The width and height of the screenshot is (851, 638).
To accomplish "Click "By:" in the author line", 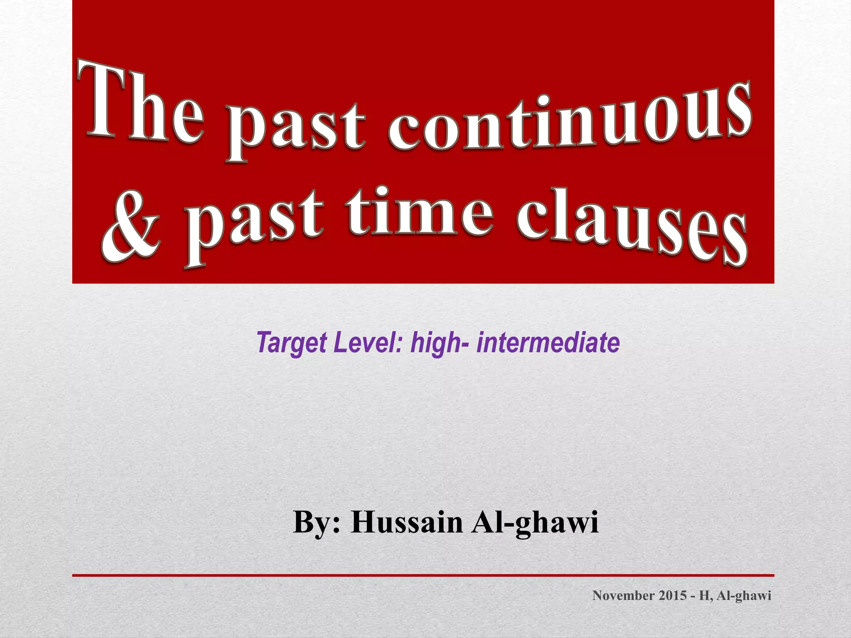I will pyautogui.click(x=317, y=522).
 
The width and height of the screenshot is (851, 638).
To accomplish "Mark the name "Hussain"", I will pyautogui.click(x=407, y=522).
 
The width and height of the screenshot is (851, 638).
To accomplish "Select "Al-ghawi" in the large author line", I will pyautogui.click(x=535, y=523).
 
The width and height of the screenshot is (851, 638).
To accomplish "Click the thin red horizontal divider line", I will pyautogui.click(x=423, y=575).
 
